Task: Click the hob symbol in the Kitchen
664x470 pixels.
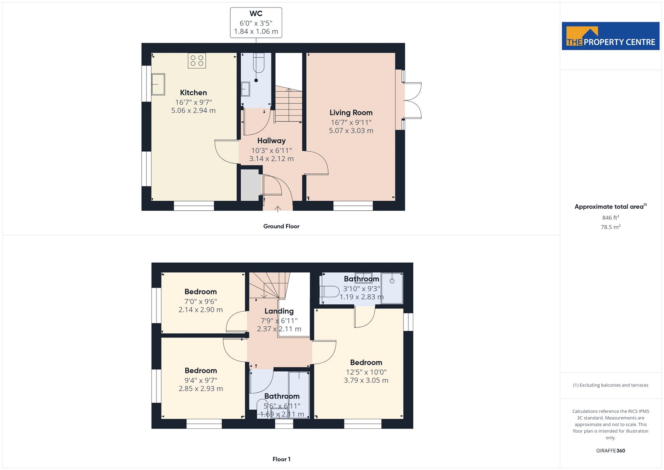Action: [x=197, y=61]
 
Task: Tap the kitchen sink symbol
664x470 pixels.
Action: [x=158, y=84]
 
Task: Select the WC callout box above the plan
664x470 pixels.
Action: [x=256, y=22]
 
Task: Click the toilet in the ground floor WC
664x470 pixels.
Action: [x=259, y=63]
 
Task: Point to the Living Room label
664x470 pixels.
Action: [x=351, y=113]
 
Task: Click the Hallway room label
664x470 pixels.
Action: [x=271, y=140]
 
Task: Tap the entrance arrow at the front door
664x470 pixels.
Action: [x=278, y=209]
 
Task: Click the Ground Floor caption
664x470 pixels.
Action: [x=281, y=226]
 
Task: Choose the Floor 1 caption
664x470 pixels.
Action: [x=281, y=459]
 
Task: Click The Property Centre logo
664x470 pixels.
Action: [x=610, y=36]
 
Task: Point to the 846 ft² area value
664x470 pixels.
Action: [x=610, y=218]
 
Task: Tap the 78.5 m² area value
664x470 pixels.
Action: [x=610, y=227]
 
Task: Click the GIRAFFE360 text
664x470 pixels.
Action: [x=610, y=450]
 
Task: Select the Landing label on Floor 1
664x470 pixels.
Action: [x=279, y=311]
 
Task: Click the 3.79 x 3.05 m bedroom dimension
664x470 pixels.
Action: [x=366, y=380]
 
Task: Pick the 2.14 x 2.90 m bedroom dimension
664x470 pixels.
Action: [x=200, y=310]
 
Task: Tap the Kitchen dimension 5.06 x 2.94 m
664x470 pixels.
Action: [x=193, y=111]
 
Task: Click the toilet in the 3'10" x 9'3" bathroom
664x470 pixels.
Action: [x=330, y=292]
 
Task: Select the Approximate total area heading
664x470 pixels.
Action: [x=610, y=207]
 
